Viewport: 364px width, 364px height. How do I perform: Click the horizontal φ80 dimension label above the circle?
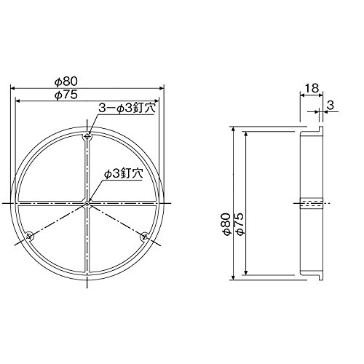coord(66,82)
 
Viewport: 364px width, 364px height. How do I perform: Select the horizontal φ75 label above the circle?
coord(66,95)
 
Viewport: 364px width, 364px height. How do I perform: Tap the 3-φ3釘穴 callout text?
coord(127,108)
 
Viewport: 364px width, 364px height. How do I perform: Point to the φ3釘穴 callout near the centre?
coord(123,174)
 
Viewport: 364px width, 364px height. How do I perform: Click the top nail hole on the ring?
coord(87,137)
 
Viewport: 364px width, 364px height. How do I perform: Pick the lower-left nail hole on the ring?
coord(30,236)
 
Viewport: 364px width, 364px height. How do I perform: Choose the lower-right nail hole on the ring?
coord(145,236)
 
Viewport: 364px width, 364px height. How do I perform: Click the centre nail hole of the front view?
coord(87,203)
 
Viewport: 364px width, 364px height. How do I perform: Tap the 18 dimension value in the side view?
coord(312,88)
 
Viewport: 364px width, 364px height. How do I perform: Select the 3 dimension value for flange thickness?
coord(331,106)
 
